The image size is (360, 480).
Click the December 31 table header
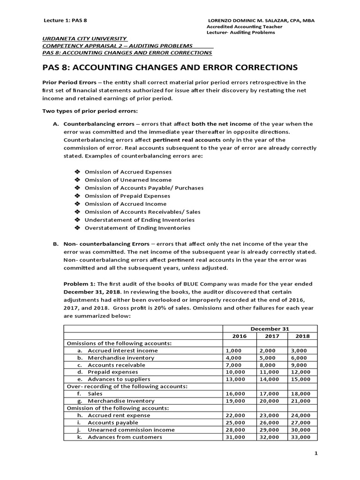click(x=270, y=329)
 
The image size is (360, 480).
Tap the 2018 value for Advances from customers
click(x=300, y=437)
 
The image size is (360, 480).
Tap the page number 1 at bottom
click(x=316, y=453)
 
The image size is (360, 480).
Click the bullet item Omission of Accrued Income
click(x=125, y=204)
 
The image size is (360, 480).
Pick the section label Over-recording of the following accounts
click(x=125, y=386)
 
